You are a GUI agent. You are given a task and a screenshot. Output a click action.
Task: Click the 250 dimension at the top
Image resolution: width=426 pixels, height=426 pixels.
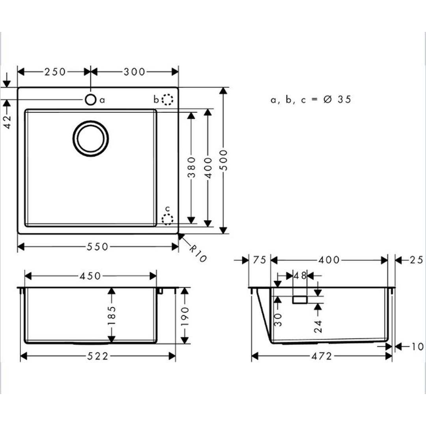[x=55, y=72]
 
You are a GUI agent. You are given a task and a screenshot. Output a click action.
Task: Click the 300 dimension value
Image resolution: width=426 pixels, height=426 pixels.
[x=135, y=72]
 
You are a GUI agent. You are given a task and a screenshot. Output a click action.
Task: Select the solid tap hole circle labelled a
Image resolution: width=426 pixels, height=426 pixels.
[x=90, y=100]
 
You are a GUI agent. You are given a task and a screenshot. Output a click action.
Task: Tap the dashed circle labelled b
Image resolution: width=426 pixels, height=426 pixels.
[x=167, y=99]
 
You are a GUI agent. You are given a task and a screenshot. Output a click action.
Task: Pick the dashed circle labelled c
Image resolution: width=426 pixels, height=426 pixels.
[x=167, y=219]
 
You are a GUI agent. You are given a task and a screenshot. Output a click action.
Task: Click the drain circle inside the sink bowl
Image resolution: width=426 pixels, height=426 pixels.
[x=91, y=138]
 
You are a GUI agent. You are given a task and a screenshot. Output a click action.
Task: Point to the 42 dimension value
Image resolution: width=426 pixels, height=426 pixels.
[x=7, y=121]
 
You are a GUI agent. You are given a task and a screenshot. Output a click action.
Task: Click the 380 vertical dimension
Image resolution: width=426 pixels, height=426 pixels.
[x=192, y=167]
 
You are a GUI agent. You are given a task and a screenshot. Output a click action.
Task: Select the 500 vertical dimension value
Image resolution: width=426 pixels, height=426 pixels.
[x=224, y=160]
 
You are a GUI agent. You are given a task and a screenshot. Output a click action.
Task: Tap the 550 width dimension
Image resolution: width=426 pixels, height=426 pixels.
[x=97, y=247]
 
